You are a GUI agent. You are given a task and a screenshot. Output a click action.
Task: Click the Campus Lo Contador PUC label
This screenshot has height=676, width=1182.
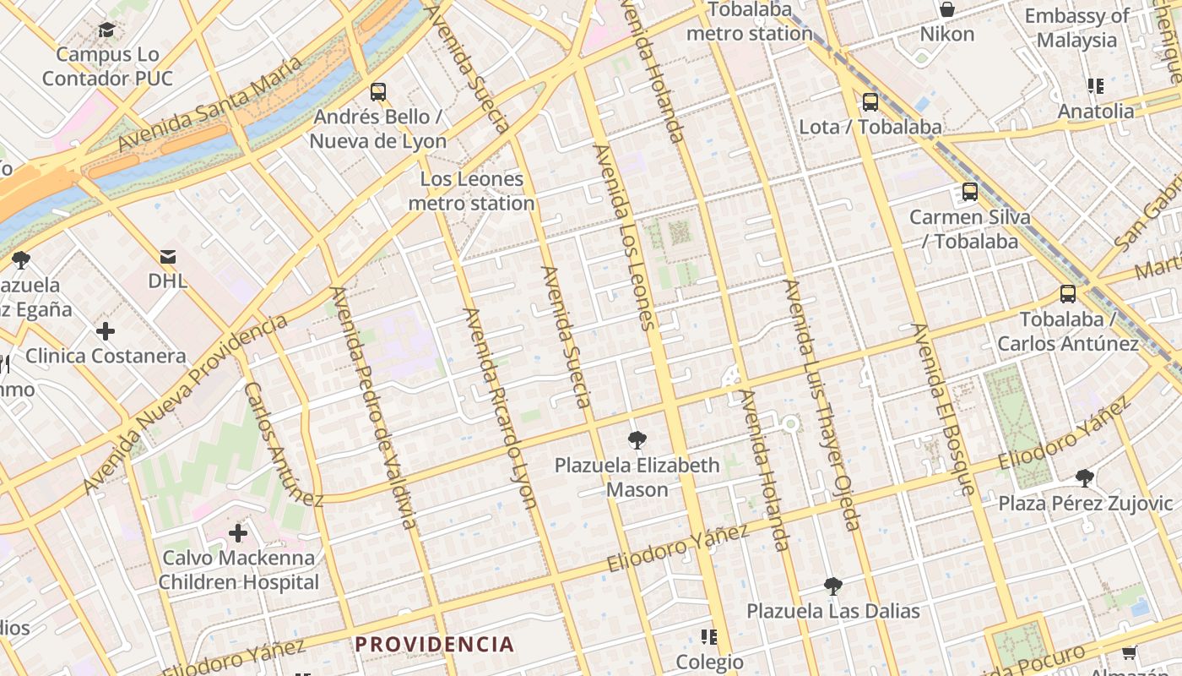pos(107,67)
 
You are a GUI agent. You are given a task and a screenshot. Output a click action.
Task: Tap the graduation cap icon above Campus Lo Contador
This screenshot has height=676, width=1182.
pos(106,30)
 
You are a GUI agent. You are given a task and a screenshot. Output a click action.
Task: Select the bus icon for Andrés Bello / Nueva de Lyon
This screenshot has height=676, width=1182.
pos(377,91)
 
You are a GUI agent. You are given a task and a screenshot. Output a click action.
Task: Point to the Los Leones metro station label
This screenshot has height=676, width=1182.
pos(471,191)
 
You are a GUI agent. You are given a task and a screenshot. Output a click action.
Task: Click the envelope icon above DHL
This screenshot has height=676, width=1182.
pos(168,256)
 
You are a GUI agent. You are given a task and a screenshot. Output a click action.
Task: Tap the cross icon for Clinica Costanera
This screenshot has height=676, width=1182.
pos(106,330)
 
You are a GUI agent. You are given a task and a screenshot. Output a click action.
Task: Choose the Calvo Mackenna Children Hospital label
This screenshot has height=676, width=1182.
pos(239,570)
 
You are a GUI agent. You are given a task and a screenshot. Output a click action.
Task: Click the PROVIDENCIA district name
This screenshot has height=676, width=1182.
pos(434,644)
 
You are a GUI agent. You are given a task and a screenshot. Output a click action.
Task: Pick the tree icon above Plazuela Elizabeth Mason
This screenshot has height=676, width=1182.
pos(637,439)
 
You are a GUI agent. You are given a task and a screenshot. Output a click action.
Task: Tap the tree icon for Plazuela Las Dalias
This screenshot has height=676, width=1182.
pos(833,586)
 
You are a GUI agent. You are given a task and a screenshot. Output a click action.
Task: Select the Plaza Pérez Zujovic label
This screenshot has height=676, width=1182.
pos(1085,504)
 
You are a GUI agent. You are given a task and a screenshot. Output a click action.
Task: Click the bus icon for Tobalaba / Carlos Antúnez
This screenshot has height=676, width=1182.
pos(1068,294)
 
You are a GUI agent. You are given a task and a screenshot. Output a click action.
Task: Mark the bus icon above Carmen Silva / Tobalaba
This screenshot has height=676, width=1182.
pos(969,192)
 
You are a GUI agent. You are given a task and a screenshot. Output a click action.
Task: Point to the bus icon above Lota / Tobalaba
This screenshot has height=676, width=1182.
pos(870,102)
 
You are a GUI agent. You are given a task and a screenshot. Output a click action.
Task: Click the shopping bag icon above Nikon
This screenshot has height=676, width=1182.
pos(947,9)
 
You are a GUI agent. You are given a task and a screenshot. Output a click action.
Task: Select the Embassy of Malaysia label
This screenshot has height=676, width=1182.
pos(1076,28)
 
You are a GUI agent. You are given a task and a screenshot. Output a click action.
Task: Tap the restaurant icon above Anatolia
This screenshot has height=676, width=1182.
pos(1096,85)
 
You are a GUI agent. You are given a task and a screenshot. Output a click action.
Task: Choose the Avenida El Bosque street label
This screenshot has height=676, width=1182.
pos(943,409)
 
